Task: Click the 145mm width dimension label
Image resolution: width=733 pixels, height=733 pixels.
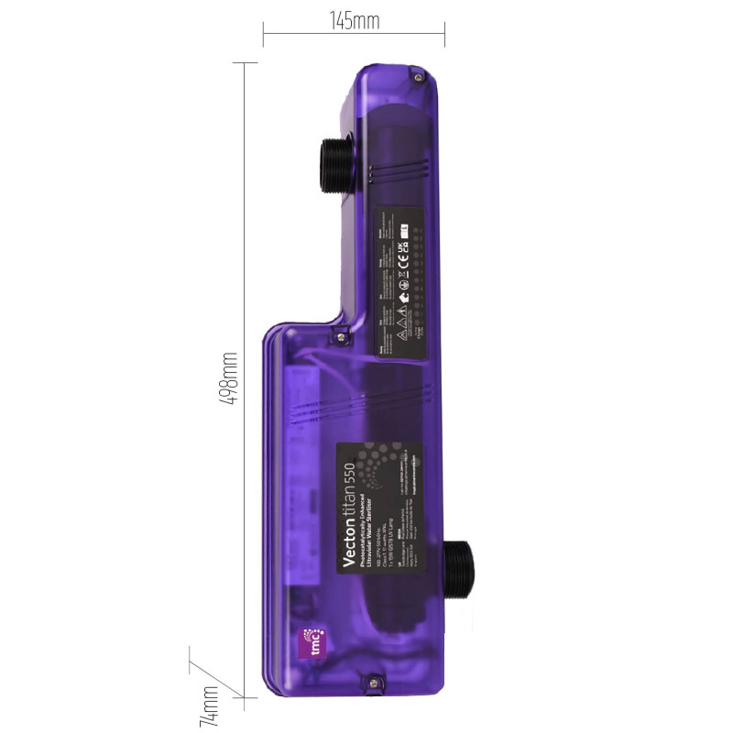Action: tap(354, 21)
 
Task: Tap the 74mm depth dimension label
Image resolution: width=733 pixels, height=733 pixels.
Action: tap(210, 706)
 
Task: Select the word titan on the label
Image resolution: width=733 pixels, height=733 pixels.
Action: tap(349, 501)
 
